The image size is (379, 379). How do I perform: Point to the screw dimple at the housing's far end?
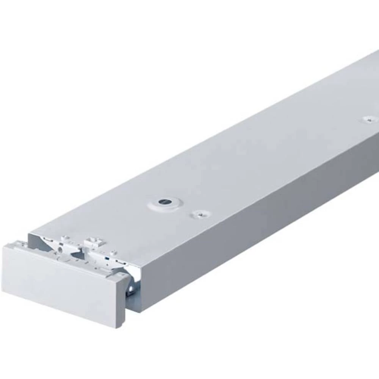[368, 120]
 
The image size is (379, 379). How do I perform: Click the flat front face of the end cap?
[61, 280]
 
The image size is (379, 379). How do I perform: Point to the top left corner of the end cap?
[5, 245]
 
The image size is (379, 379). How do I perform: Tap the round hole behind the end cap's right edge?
[131, 289]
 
